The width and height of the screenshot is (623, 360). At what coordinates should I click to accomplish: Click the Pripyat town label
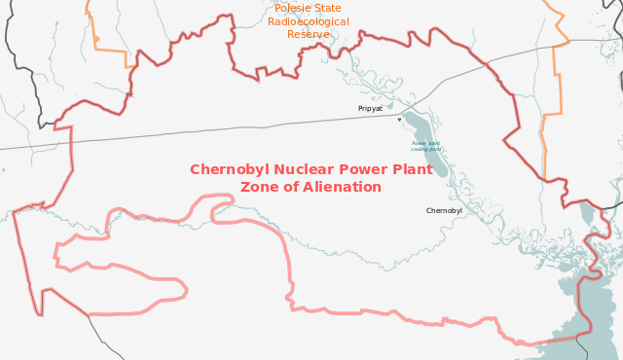370,108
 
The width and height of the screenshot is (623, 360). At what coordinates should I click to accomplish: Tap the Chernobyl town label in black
444,210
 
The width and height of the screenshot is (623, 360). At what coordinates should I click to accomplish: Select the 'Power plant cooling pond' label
425,146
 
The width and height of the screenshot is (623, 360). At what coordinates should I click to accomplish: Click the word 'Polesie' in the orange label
295,8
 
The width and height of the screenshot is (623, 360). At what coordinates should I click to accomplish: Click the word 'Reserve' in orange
308,34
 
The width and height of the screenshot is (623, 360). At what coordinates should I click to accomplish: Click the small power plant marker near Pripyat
399,120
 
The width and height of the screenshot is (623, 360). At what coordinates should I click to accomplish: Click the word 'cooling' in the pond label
419,149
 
